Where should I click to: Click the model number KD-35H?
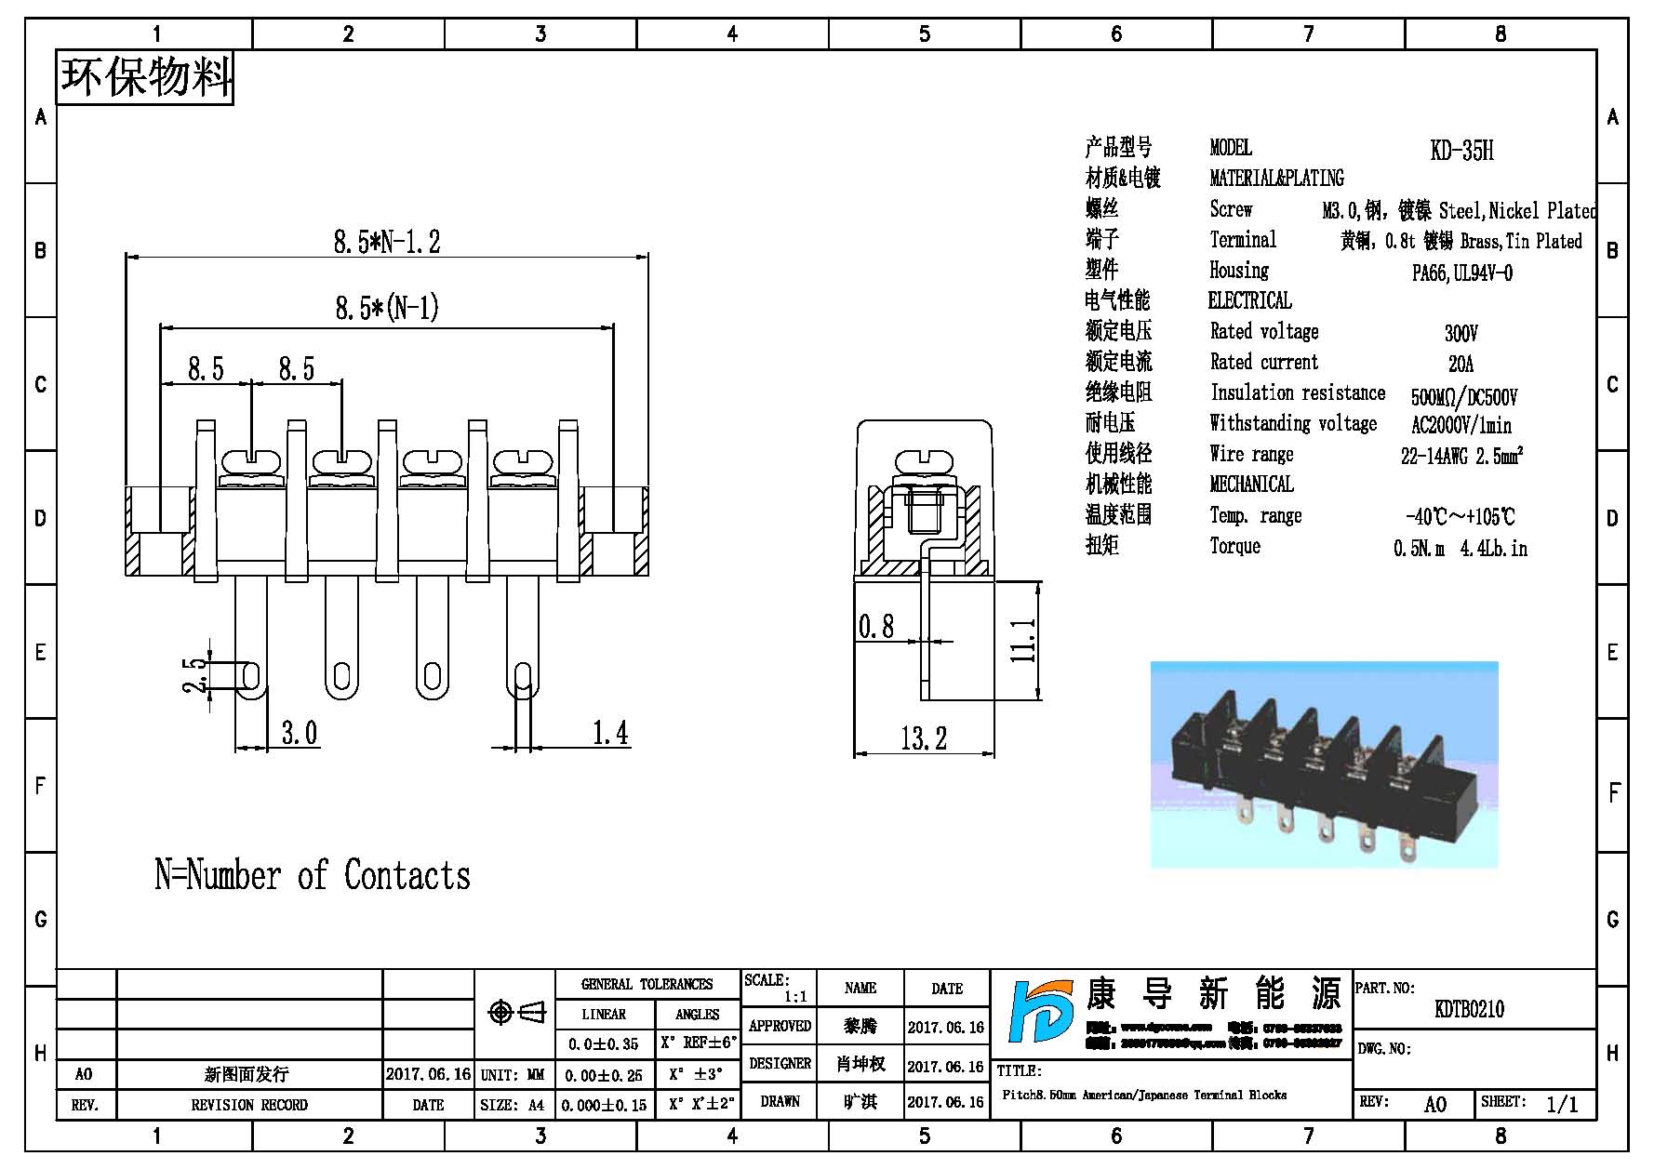[1461, 151]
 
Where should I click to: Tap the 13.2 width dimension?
[923, 739]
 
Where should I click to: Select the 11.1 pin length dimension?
[1023, 641]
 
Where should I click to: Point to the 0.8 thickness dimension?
[875, 627]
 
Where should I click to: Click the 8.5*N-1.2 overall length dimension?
[387, 242]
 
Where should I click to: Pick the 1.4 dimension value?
[610, 734]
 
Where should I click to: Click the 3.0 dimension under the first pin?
[300, 734]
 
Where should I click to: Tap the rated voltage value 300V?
[1461, 333]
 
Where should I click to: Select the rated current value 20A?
[1461, 364]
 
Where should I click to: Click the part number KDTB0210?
[1469, 1010]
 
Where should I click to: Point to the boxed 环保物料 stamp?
[145, 77]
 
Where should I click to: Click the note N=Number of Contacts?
[313, 876]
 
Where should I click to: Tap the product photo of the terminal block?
[1324, 764]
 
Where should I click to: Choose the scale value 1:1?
[795, 997]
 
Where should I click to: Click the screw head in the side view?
[924, 463]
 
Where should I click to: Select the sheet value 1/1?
[1562, 1105]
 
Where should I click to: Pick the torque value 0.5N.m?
[1419, 550]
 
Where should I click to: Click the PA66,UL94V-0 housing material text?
[1461, 273]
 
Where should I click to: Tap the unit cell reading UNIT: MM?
[513, 1075]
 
